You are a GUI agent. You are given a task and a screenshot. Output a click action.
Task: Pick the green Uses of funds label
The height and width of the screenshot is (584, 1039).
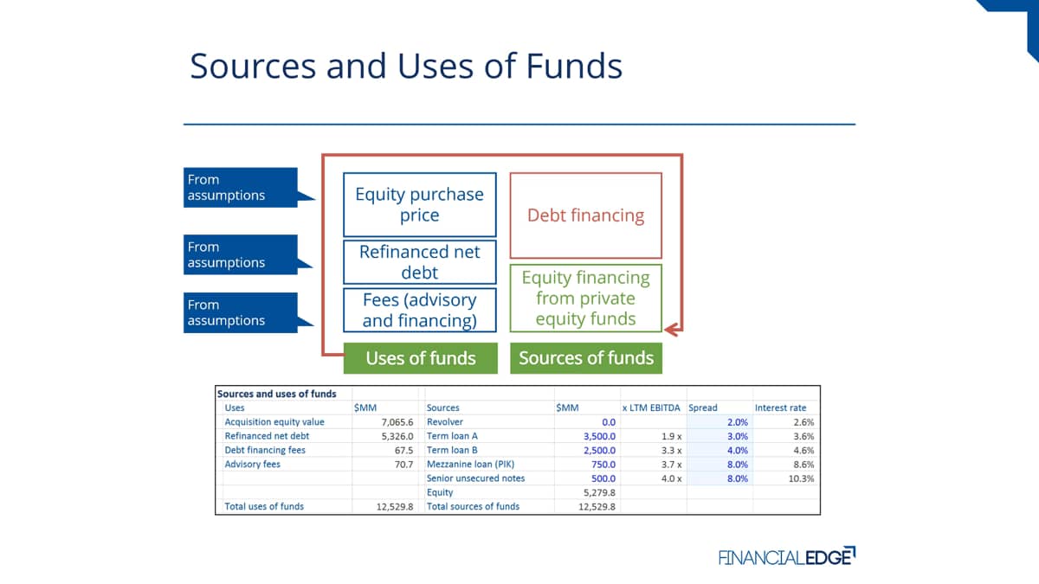pyautogui.click(x=420, y=358)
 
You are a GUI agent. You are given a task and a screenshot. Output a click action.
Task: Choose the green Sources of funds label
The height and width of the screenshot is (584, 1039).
pyautogui.click(x=586, y=358)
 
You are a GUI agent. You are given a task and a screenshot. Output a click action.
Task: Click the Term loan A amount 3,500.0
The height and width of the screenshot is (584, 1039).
pyautogui.click(x=599, y=436)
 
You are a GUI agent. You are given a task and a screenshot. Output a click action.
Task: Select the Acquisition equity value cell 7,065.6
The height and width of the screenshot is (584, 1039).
pyautogui.click(x=397, y=422)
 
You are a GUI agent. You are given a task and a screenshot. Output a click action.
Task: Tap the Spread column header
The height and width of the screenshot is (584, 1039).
pyautogui.click(x=703, y=408)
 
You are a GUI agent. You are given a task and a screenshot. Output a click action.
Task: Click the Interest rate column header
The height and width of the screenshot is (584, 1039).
pyautogui.click(x=780, y=408)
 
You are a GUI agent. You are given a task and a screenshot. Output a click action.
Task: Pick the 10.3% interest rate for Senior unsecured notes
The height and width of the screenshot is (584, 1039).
pyautogui.click(x=801, y=478)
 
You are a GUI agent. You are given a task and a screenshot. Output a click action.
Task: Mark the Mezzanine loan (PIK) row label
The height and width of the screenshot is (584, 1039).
pyautogui.click(x=470, y=465)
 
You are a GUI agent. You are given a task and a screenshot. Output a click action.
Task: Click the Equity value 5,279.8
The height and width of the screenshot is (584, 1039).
pyautogui.click(x=599, y=492)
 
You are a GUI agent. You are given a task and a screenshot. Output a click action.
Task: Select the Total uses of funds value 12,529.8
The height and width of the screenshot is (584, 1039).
pyautogui.click(x=395, y=507)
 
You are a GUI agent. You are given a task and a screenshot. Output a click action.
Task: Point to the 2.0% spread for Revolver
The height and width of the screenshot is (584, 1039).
pyautogui.click(x=738, y=422)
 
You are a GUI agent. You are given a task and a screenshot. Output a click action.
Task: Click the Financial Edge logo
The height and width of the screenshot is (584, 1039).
pyautogui.click(x=787, y=556)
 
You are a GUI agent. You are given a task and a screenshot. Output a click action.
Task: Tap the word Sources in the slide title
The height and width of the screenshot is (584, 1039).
pyautogui.click(x=253, y=66)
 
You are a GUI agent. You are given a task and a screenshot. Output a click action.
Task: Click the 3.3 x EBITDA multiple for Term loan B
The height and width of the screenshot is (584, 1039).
pyautogui.click(x=671, y=451)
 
